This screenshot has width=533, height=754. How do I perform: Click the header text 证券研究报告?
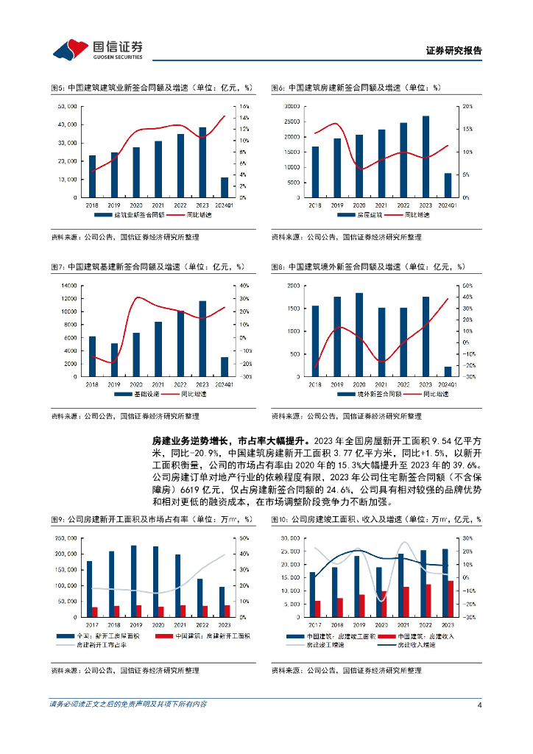tap(454, 51)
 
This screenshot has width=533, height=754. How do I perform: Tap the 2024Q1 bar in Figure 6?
tap(448, 185)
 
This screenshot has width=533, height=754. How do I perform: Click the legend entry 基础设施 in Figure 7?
tap(144, 395)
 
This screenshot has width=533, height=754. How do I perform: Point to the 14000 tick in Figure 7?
tap(69, 286)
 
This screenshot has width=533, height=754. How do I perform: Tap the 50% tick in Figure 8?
tap(467, 286)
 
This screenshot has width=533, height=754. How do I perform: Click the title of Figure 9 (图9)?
tap(151, 519)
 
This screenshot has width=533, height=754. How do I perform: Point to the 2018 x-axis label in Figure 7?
tap(92, 384)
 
